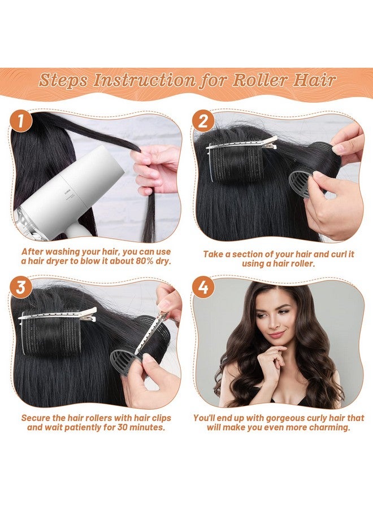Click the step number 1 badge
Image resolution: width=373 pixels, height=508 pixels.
(x=21, y=121)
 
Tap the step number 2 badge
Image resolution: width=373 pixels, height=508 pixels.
(x=203, y=121)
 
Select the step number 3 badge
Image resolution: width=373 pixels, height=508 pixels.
(x=21, y=287)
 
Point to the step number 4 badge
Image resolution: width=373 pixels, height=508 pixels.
(x=203, y=287)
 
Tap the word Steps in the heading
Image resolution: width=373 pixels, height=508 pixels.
(x=63, y=81)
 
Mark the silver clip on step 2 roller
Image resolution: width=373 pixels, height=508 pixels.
(x=242, y=143)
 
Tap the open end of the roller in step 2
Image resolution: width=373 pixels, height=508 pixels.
(x=301, y=183)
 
